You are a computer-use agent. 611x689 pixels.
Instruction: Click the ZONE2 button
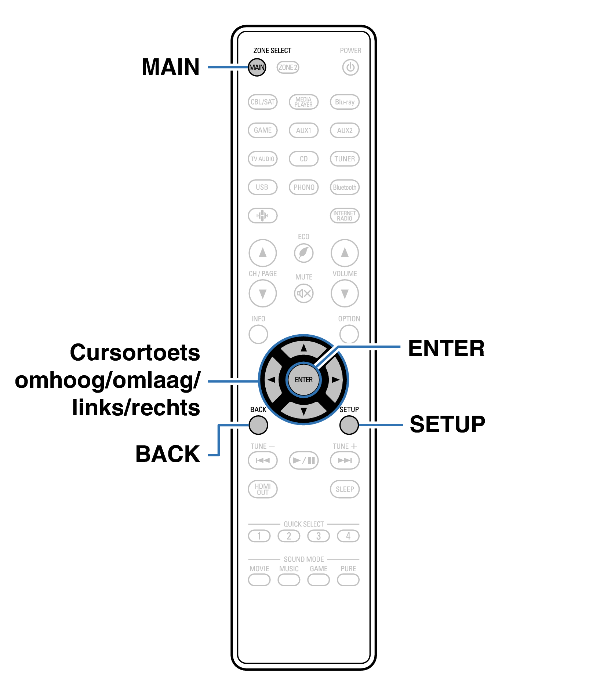[288, 68]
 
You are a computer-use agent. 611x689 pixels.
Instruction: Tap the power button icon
[350, 68]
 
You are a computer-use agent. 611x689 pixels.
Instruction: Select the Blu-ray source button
[345, 102]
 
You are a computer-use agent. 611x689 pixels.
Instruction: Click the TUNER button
[345, 159]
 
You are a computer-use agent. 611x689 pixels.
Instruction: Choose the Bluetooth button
[345, 187]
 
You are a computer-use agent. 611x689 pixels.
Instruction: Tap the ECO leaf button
[303, 253]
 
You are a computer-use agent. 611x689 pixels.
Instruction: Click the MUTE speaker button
[303, 294]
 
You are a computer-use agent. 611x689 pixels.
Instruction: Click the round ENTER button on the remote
[303, 380]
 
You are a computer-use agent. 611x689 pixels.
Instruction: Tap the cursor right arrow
[335, 380]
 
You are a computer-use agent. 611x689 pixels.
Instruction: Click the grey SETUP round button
[349, 425]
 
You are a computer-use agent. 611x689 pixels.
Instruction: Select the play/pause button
[303, 460]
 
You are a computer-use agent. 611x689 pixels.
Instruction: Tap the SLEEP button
[345, 489]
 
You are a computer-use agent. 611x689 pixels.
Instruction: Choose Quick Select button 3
[319, 536]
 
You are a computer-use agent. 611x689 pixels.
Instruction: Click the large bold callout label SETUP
[447, 424]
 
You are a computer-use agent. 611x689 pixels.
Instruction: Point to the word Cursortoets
[135, 353]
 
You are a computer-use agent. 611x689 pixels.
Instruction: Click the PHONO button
[303, 187]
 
